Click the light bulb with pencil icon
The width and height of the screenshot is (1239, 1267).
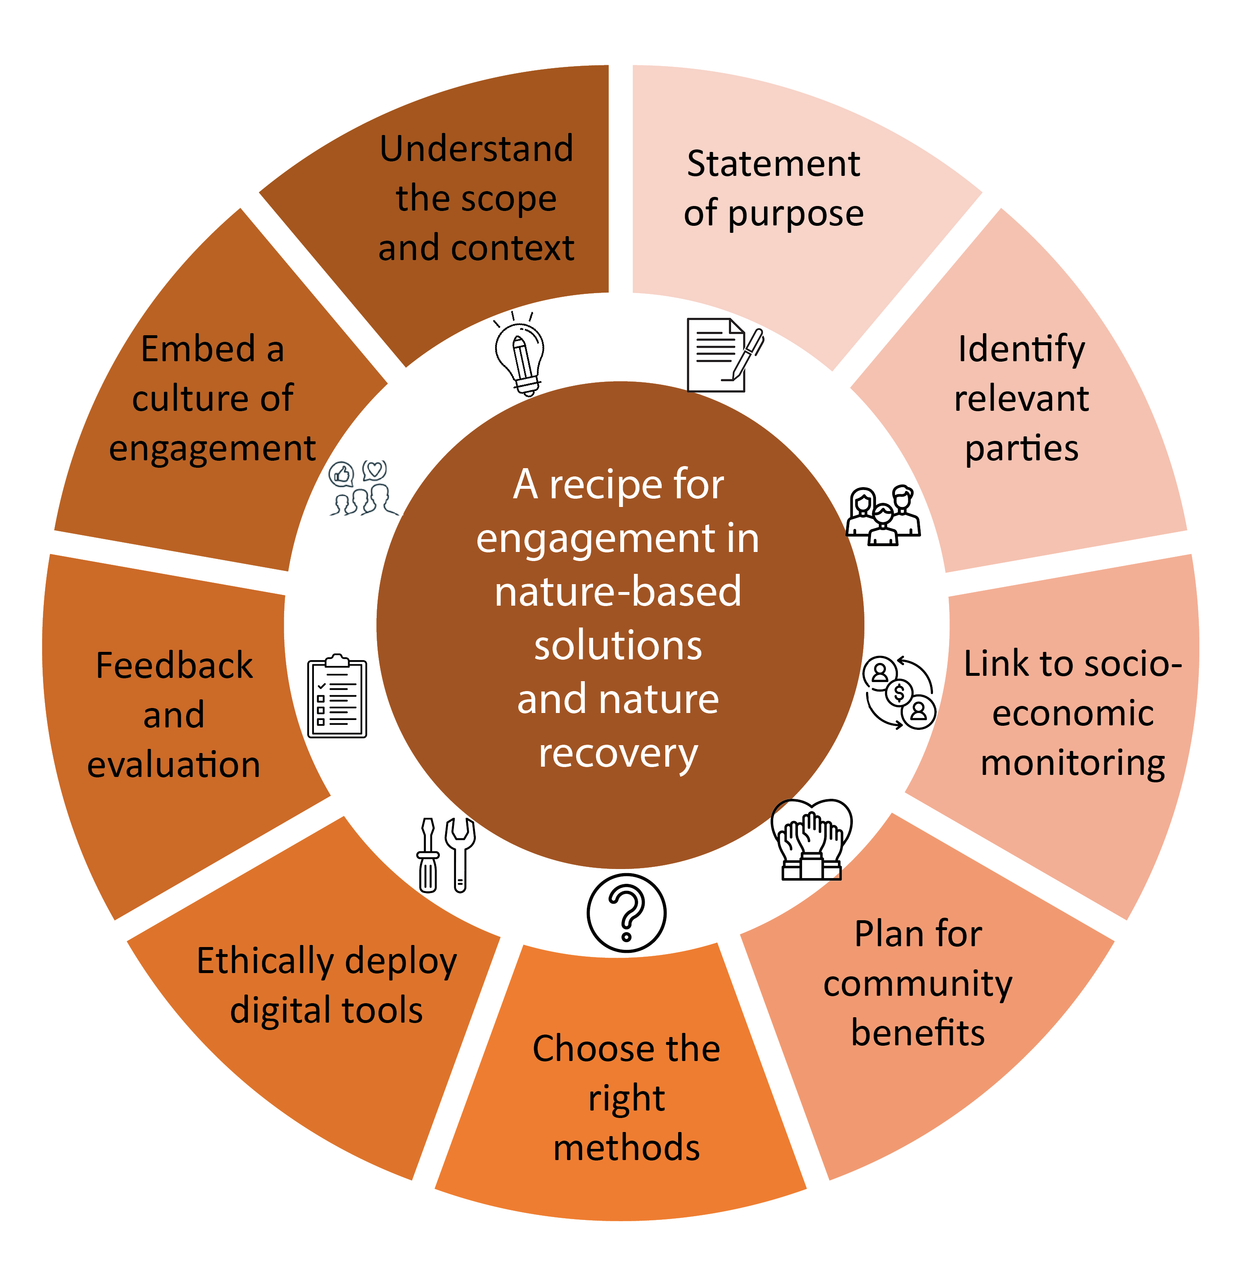(x=519, y=355)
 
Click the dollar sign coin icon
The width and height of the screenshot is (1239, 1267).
(x=900, y=693)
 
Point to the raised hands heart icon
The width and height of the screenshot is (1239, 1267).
(x=811, y=840)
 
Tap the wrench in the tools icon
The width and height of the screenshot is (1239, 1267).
(x=460, y=854)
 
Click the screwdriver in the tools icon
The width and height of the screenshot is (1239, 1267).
(x=427, y=855)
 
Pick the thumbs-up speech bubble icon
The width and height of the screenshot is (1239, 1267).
(x=341, y=474)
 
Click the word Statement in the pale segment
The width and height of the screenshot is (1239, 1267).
(x=773, y=164)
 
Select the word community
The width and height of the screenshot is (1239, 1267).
(x=918, y=985)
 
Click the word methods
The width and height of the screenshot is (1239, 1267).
(x=626, y=1147)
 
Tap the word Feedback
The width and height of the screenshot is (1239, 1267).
(x=174, y=665)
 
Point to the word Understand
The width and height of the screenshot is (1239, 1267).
(x=476, y=149)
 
